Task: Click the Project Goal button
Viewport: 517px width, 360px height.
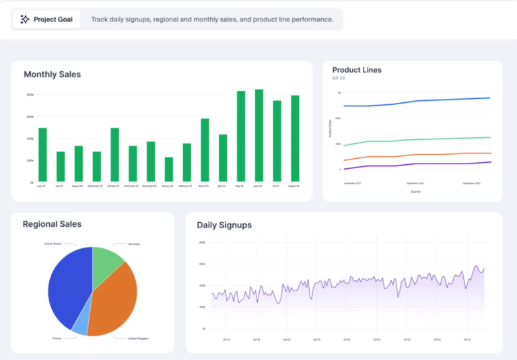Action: (46, 20)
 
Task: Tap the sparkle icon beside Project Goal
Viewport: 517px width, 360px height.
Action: (25, 20)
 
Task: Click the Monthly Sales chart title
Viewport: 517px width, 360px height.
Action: (52, 75)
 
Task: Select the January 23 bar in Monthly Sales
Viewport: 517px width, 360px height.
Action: (169, 170)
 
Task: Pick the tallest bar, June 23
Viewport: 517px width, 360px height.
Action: (258, 135)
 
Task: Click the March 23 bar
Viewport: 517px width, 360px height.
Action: (205, 150)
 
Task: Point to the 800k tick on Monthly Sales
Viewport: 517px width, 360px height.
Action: (30, 95)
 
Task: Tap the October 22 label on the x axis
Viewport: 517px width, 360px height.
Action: (114, 186)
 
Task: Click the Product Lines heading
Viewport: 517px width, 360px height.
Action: (357, 70)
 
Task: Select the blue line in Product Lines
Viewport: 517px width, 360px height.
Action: (417, 101)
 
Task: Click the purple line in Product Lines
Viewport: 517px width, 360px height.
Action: (417, 164)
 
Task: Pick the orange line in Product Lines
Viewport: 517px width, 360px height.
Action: (417, 155)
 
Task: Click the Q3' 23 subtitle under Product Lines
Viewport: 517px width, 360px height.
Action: (339, 79)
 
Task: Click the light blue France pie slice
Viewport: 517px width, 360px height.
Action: (80, 325)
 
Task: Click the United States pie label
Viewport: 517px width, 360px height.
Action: (53, 244)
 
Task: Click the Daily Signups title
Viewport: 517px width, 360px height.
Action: (224, 225)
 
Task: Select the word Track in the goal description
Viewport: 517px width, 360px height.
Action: (100, 20)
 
